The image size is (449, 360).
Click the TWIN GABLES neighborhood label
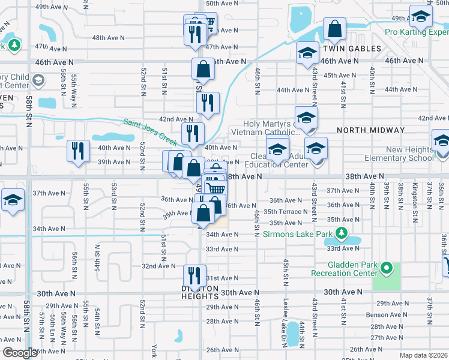(x=352, y=49)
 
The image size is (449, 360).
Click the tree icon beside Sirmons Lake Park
(x=343, y=232)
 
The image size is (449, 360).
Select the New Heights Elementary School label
(x=401, y=154)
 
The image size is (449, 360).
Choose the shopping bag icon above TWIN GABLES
(x=334, y=29)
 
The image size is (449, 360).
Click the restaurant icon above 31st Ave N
(x=194, y=276)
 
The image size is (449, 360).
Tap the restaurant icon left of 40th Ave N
(x=78, y=151)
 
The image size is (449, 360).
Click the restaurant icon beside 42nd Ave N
(x=208, y=103)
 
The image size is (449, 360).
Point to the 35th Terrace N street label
(x=286, y=211)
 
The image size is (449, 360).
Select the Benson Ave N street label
(x=387, y=314)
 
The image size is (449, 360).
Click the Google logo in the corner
(x=20, y=353)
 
